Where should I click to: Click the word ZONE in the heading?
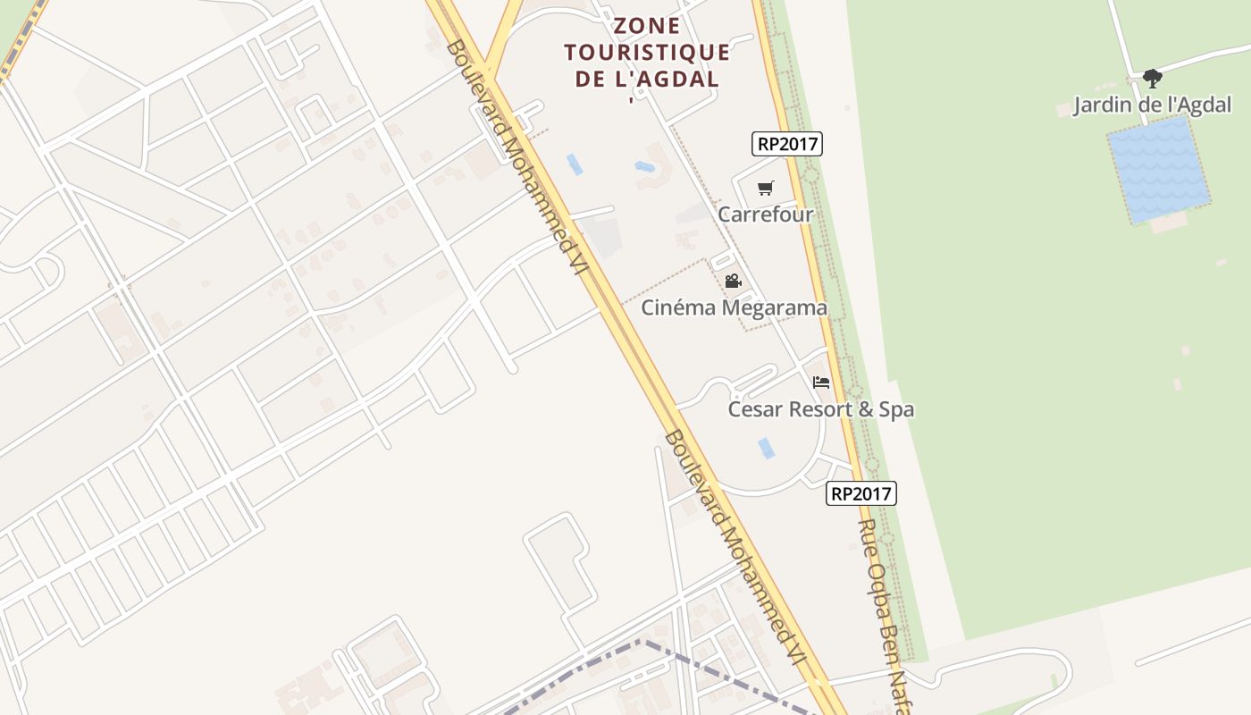[x=648, y=26]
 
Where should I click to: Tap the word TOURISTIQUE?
[x=648, y=52]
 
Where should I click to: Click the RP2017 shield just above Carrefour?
[x=787, y=143]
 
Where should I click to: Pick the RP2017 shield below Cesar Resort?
[x=861, y=493]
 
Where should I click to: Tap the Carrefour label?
[x=766, y=214]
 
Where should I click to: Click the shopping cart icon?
[x=765, y=188]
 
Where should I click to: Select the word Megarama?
[x=774, y=307]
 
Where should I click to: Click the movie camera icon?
[x=733, y=282]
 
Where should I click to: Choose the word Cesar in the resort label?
[x=755, y=409]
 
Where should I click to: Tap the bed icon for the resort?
[x=821, y=383]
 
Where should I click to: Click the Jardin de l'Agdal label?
[x=1152, y=105]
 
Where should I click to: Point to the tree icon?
[x=1152, y=79]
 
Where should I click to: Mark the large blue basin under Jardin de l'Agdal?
[x=1158, y=170]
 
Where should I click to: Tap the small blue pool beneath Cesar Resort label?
[x=766, y=448]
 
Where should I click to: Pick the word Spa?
[x=895, y=409]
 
